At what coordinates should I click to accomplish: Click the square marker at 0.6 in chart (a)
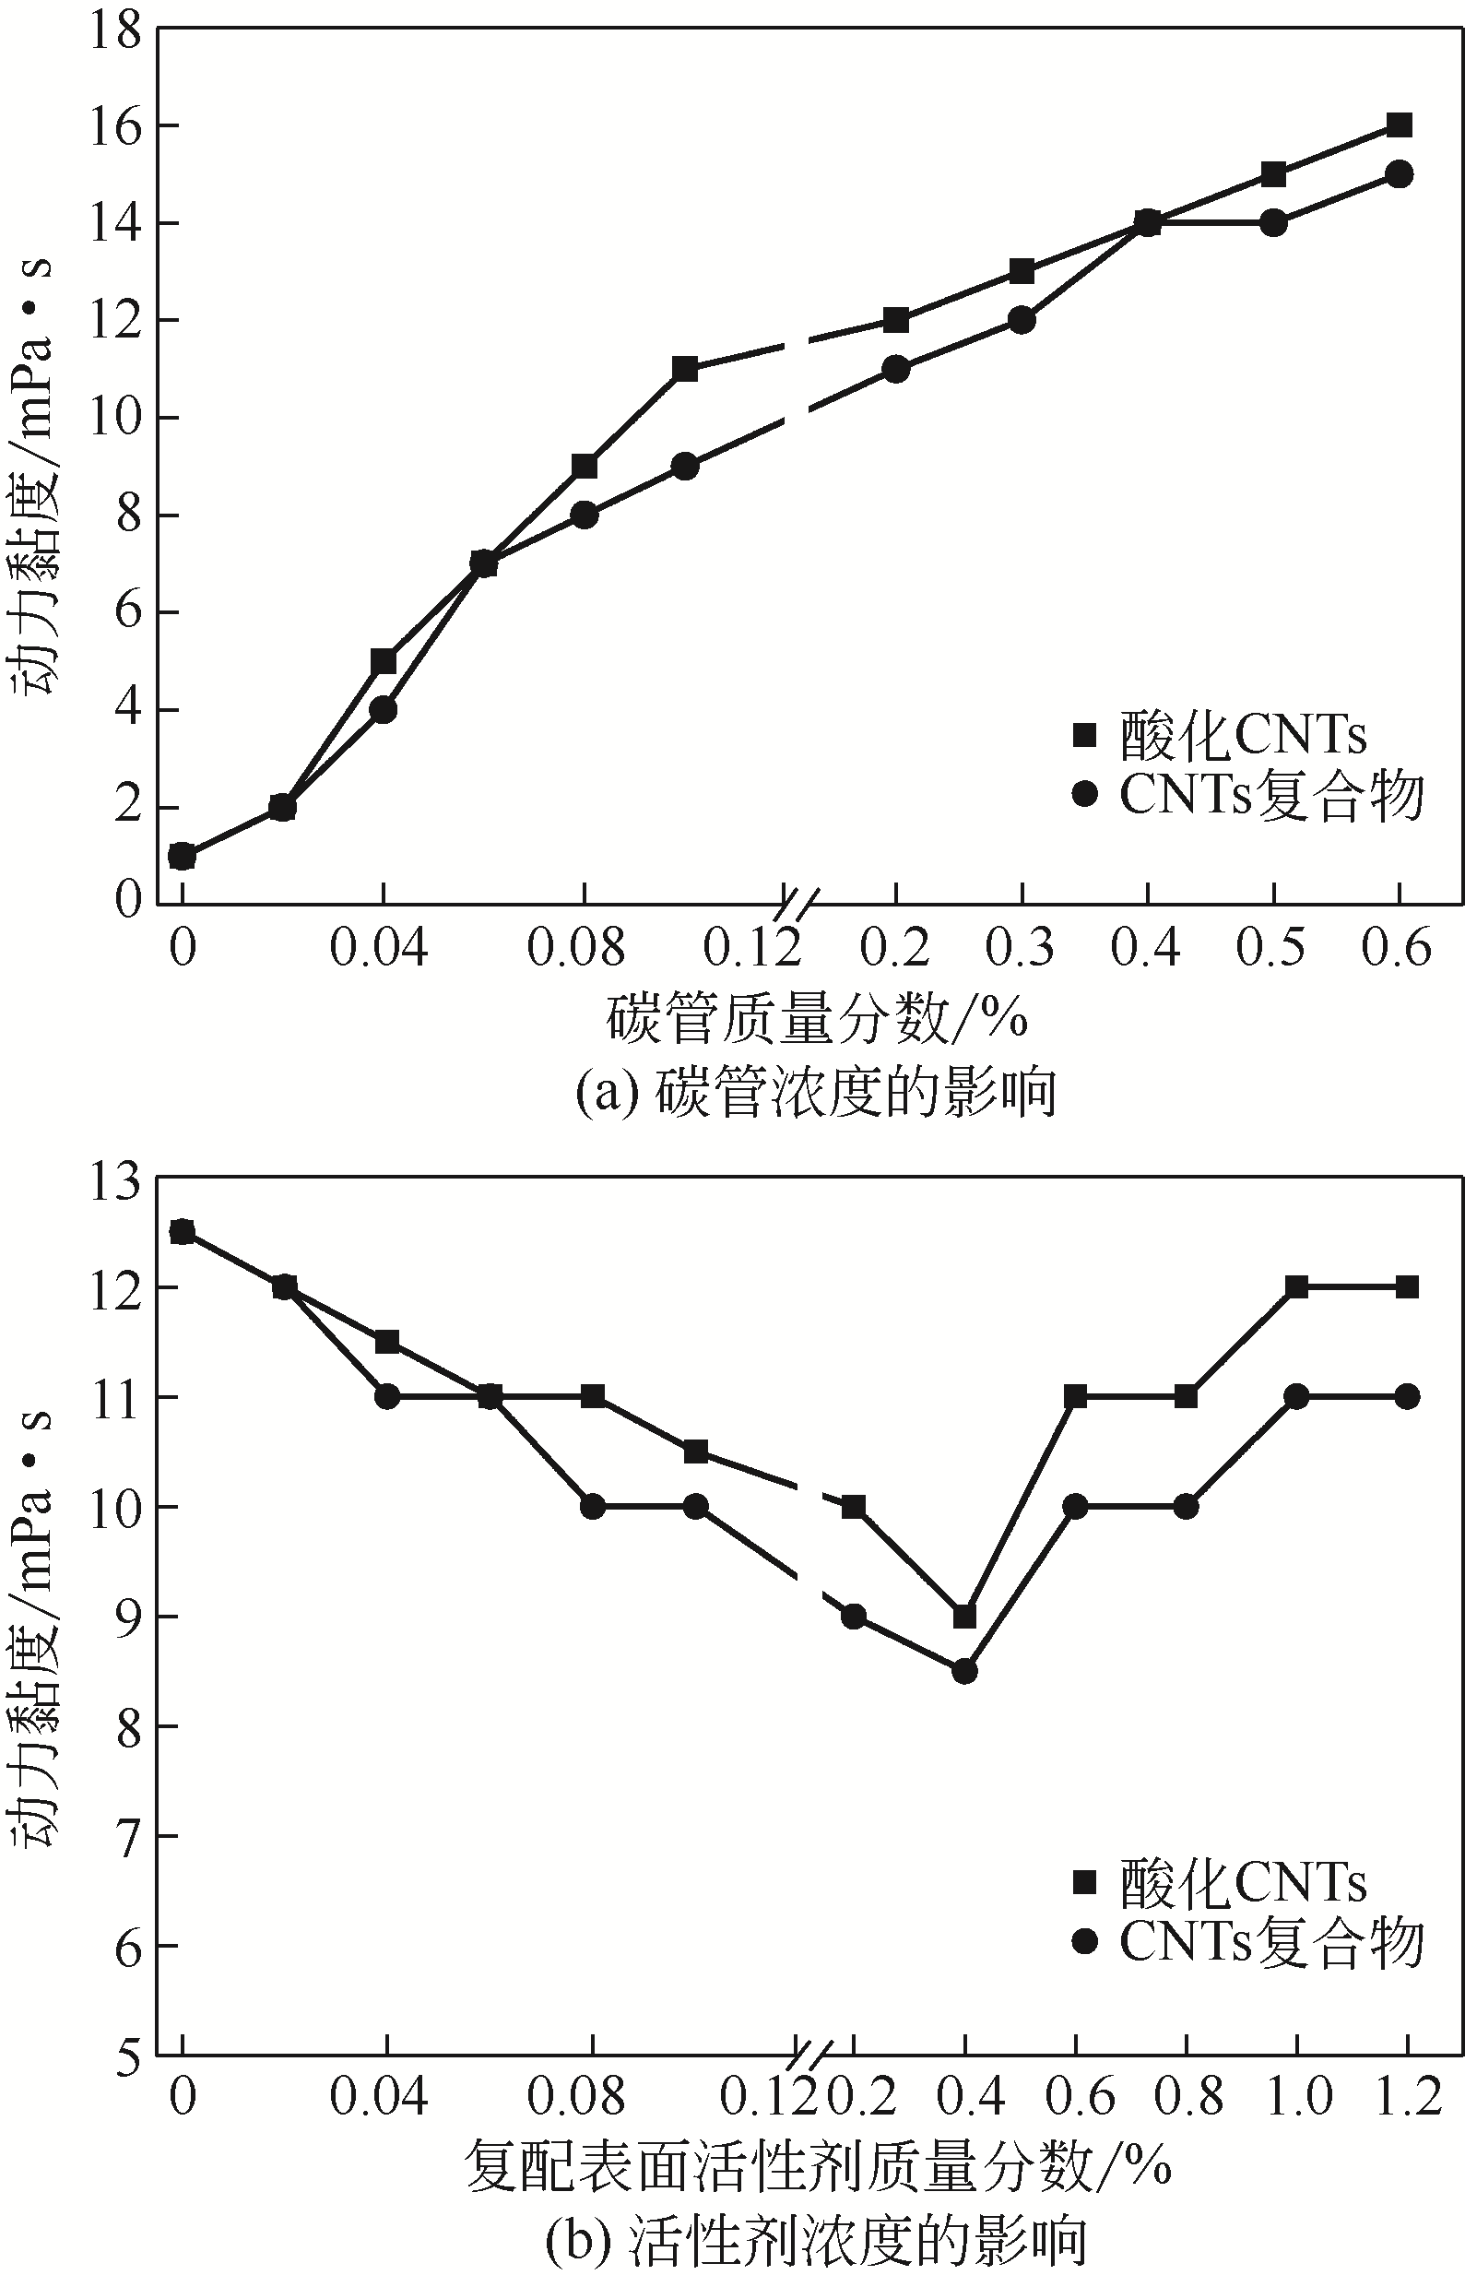[x=1399, y=124]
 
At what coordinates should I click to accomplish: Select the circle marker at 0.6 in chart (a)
[x=1399, y=174]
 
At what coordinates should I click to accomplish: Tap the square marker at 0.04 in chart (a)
[x=384, y=661]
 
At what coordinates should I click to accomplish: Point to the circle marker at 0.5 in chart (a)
[x=1273, y=222]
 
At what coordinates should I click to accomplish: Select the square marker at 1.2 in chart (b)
[x=1407, y=1287]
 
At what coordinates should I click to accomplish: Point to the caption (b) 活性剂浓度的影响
[x=816, y=2241]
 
